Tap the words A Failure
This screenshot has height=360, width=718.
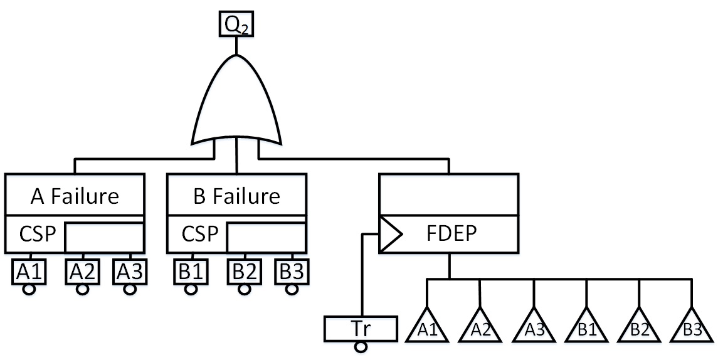[75, 196]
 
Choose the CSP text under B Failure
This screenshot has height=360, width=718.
[196, 234]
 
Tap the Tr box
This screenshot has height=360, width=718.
[361, 327]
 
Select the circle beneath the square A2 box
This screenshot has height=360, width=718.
[82, 289]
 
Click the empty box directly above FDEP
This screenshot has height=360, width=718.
[449, 194]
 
